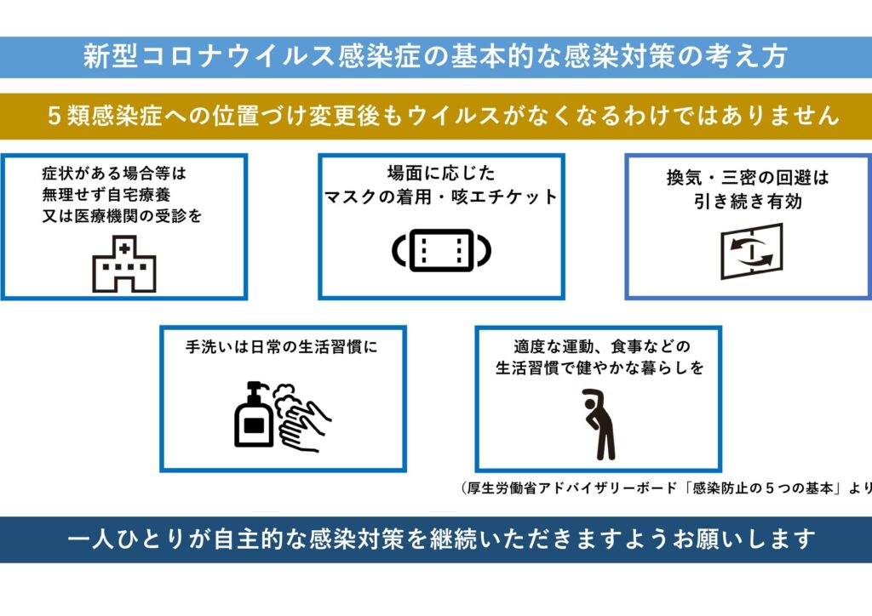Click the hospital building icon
click(123, 265)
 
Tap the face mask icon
click(441, 250)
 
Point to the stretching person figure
click(599, 423)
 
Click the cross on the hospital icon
click(124, 249)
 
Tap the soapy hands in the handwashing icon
click(302, 418)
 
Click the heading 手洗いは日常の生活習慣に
click(281, 348)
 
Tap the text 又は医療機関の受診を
click(122, 215)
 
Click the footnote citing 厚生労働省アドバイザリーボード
click(665, 488)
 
